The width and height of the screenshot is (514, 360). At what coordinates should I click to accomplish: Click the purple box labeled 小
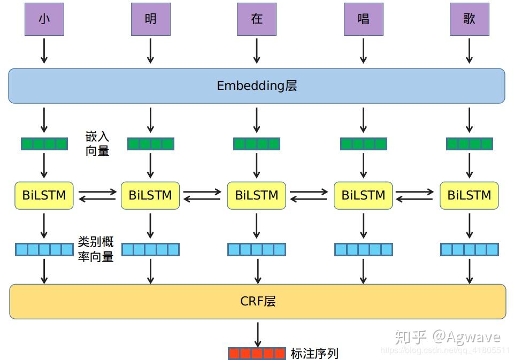click(x=44, y=19)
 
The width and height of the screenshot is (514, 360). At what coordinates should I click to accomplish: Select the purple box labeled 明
click(x=150, y=19)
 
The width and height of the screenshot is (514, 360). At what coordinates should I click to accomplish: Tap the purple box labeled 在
click(x=257, y=19)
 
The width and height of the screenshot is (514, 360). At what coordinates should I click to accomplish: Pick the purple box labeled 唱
click(x=363, y=19)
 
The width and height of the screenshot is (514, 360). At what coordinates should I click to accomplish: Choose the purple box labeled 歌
click(x=469, y=19)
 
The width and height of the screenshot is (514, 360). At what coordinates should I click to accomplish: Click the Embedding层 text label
click(x=257, y=86)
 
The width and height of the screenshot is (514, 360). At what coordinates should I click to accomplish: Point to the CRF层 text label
click(x=258, y=301)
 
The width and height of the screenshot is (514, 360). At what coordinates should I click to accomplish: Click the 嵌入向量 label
click(x=97, y=143)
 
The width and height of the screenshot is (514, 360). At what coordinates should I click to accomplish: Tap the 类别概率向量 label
click(x=96, y=249)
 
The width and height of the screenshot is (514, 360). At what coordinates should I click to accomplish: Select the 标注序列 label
click(x=314, y=353)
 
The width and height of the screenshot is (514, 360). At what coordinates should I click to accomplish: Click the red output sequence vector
click(x=257, y=353)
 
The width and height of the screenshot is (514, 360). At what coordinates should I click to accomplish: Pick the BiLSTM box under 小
click(x=44, y=195)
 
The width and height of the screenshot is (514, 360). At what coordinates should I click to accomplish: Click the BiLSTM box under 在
click(x=257, y=195)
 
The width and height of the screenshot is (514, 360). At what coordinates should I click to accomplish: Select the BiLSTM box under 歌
click(x=469, y=195)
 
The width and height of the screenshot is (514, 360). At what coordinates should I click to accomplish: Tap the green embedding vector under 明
click(x=150, y=143)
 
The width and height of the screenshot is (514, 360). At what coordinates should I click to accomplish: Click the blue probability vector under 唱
click(x=364, y=249)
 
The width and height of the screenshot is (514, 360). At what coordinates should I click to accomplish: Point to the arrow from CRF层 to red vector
click(x=258, y=334)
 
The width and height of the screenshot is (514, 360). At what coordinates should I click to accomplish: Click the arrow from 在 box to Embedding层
click(x=257, y=51)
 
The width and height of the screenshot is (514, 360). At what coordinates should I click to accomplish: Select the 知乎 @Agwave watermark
click(x=447, y=336)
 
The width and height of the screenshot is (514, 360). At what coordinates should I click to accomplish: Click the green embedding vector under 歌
click(x=469, y=143)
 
